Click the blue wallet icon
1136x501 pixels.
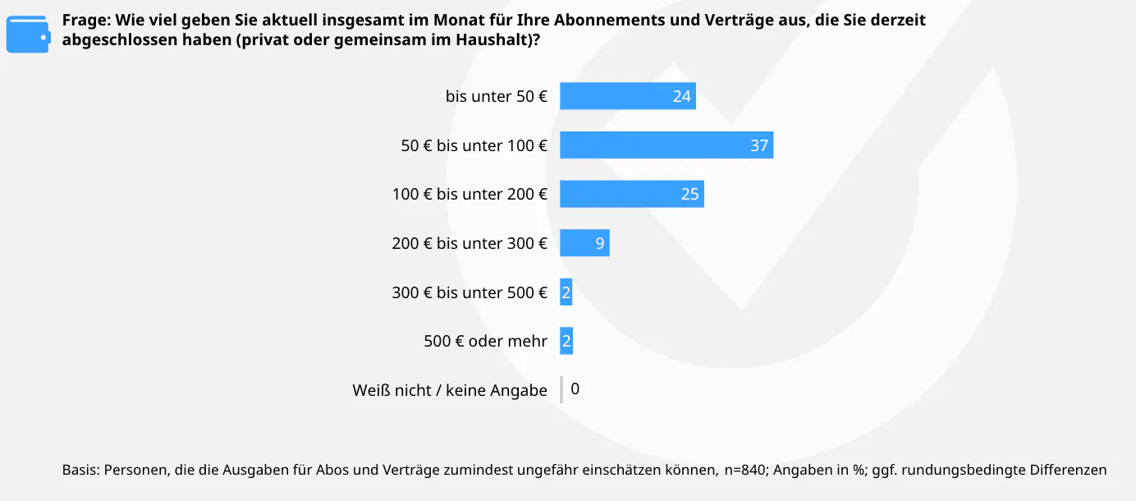pos(27,34)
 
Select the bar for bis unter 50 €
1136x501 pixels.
pos(627,96)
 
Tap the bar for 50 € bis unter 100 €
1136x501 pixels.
pos(666,145)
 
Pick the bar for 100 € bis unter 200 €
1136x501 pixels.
pos(631,194)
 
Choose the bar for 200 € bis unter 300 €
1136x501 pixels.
pos(584,243)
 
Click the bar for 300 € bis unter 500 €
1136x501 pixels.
pos(566,292)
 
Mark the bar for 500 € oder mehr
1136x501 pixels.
pos(566,341)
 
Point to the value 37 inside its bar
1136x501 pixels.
pos(759,145)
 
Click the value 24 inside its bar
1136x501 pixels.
pos(681,96)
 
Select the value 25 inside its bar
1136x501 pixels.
pos(689,194)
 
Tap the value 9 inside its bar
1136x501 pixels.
pos(600,243)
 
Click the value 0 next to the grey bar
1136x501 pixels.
pos(575,389)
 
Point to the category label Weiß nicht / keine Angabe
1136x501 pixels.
pos(450,390)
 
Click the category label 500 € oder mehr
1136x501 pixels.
pos(485,341)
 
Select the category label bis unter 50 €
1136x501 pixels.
pos(496,96)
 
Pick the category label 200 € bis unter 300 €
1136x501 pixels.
pos(470,243)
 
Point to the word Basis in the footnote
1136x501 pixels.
pos(80,471)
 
